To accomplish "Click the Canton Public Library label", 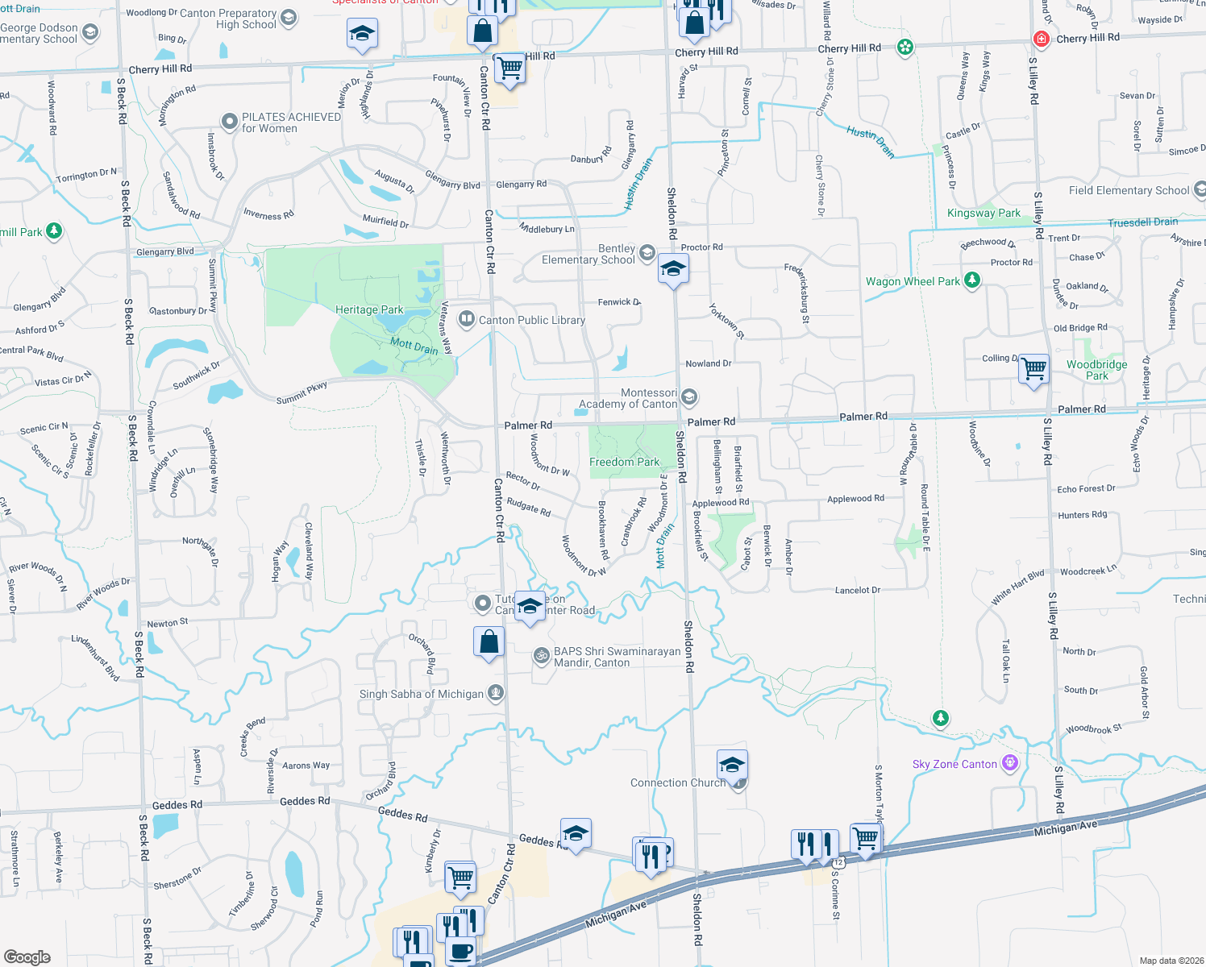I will pyautogui.click(x=532, y=320).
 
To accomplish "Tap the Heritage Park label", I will pyautogui.click(x=369, y=309).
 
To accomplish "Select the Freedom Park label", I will pyautogui.click(x=624, y=462).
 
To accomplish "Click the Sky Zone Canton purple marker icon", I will pyautogui.click(x=1010, y=763).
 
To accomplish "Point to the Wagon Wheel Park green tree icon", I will pyautogui.click(x=973, y=280).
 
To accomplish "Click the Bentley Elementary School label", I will pyautogui.click(x=588, y=254).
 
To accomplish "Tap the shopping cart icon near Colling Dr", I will pyautogui.click(x=1033, y=370).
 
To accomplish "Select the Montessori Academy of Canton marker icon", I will pyautogui.click(x=688, y=396).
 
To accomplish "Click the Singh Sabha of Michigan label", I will pyautogui.click(x=422, y=694).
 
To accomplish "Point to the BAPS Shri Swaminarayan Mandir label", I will pyautogui.click(x=617, y=657).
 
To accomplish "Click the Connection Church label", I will pyautogui.click(x=677, y=782).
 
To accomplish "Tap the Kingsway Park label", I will pyautogui.click(x=984, y=213).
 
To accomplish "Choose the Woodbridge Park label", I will pyautogui.click(x=1096, y=370).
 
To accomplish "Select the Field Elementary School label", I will pyautogui.click(x=1129, y=190).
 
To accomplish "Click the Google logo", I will pyautogui.click(x=27, y=957).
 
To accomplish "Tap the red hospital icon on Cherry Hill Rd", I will pyautogui.click(x=1042, y=39).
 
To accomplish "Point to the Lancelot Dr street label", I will pyautogui.click(x=858, y=590).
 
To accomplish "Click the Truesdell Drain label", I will pyautogui.click(x=1142, y=222).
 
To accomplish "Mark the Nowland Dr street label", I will pyautogui.click(x=709, y=363).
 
